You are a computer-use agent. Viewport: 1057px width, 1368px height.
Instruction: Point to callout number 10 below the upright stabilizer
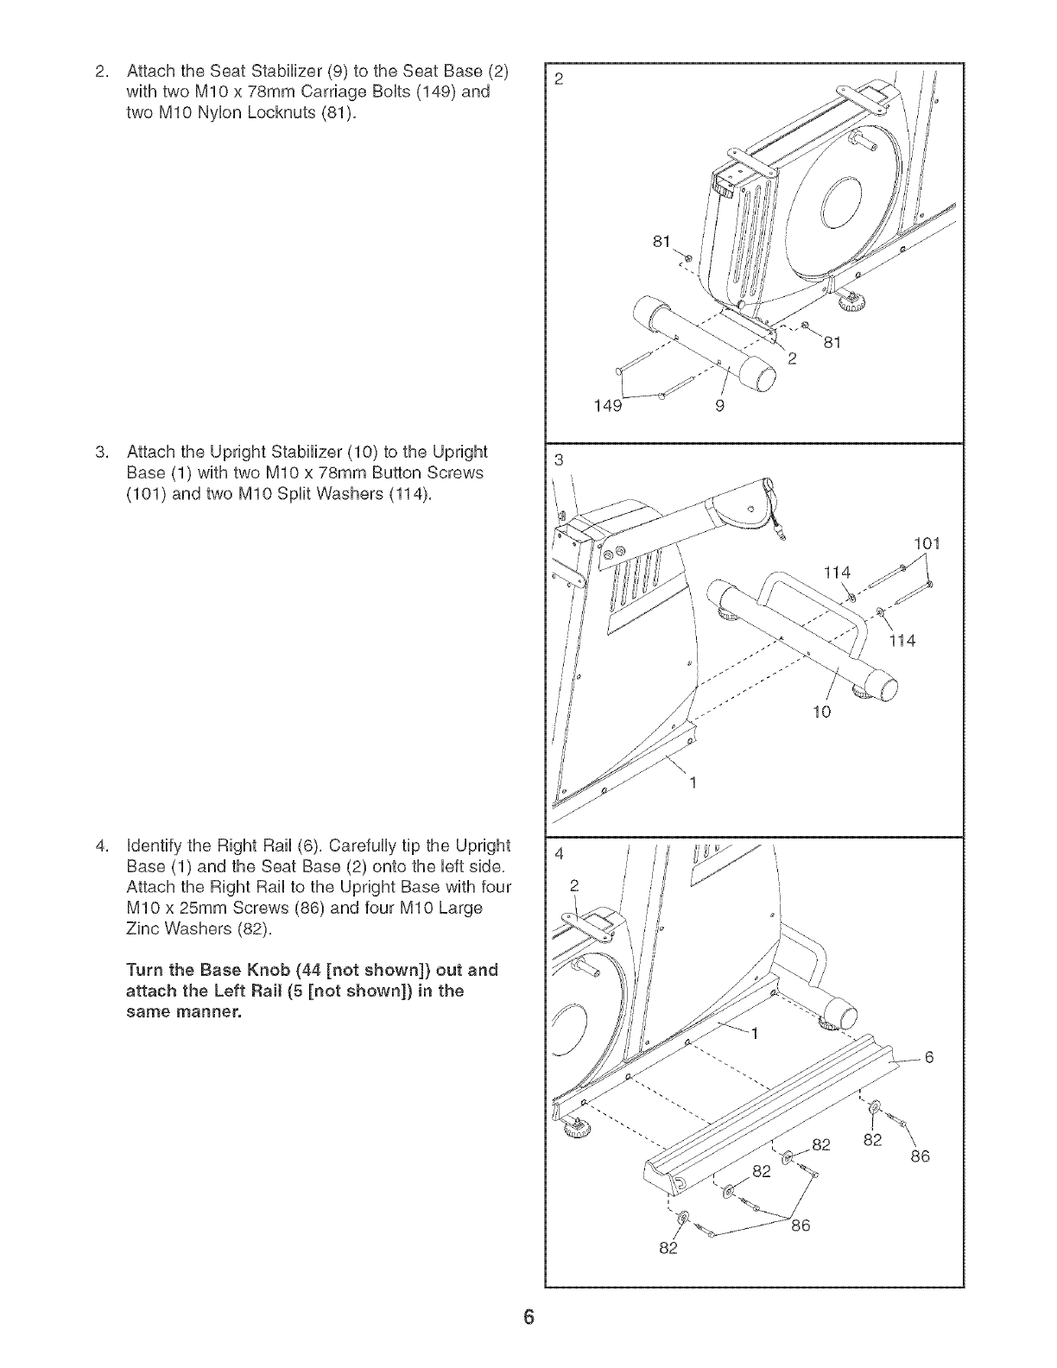pos(821,712)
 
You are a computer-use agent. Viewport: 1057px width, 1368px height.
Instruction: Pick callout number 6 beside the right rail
pos(930,1056)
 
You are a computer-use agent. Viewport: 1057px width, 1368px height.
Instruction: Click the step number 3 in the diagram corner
pos(558,459)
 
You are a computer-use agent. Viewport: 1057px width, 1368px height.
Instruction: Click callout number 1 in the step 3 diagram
pos(692,783)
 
